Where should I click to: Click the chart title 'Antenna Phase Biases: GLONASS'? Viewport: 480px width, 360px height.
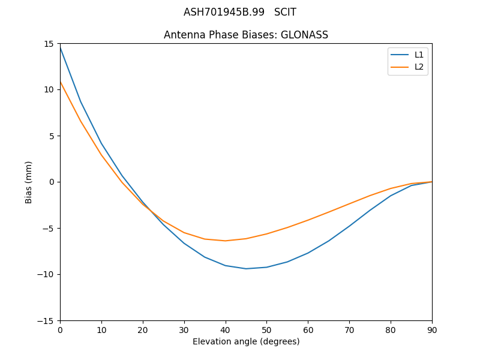click(x=246, y=35)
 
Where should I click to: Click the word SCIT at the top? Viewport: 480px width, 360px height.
click(x=285, y=12)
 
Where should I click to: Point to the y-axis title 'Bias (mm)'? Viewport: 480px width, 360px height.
click(x=29, y=182)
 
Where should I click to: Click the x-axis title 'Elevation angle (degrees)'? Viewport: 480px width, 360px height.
click(x=246, y=341)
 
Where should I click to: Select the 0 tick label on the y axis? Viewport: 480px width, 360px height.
click(x=52, y=182)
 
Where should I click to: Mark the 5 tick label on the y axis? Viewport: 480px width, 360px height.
click(x=52, y=136)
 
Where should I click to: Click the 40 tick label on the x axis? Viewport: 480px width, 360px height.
click(x=226, y=329)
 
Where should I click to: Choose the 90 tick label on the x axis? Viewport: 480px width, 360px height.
click(x=432, y=329)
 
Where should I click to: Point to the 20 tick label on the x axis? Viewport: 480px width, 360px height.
click(x=143, y=329)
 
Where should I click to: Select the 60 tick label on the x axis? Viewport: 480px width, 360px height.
click(x=308, y=329)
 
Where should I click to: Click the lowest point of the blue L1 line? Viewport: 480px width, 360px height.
click(x=246, y=268)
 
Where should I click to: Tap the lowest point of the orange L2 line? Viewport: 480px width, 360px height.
click(x=226, y=241)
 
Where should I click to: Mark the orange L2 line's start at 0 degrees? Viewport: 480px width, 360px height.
click(x=61, y=82)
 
